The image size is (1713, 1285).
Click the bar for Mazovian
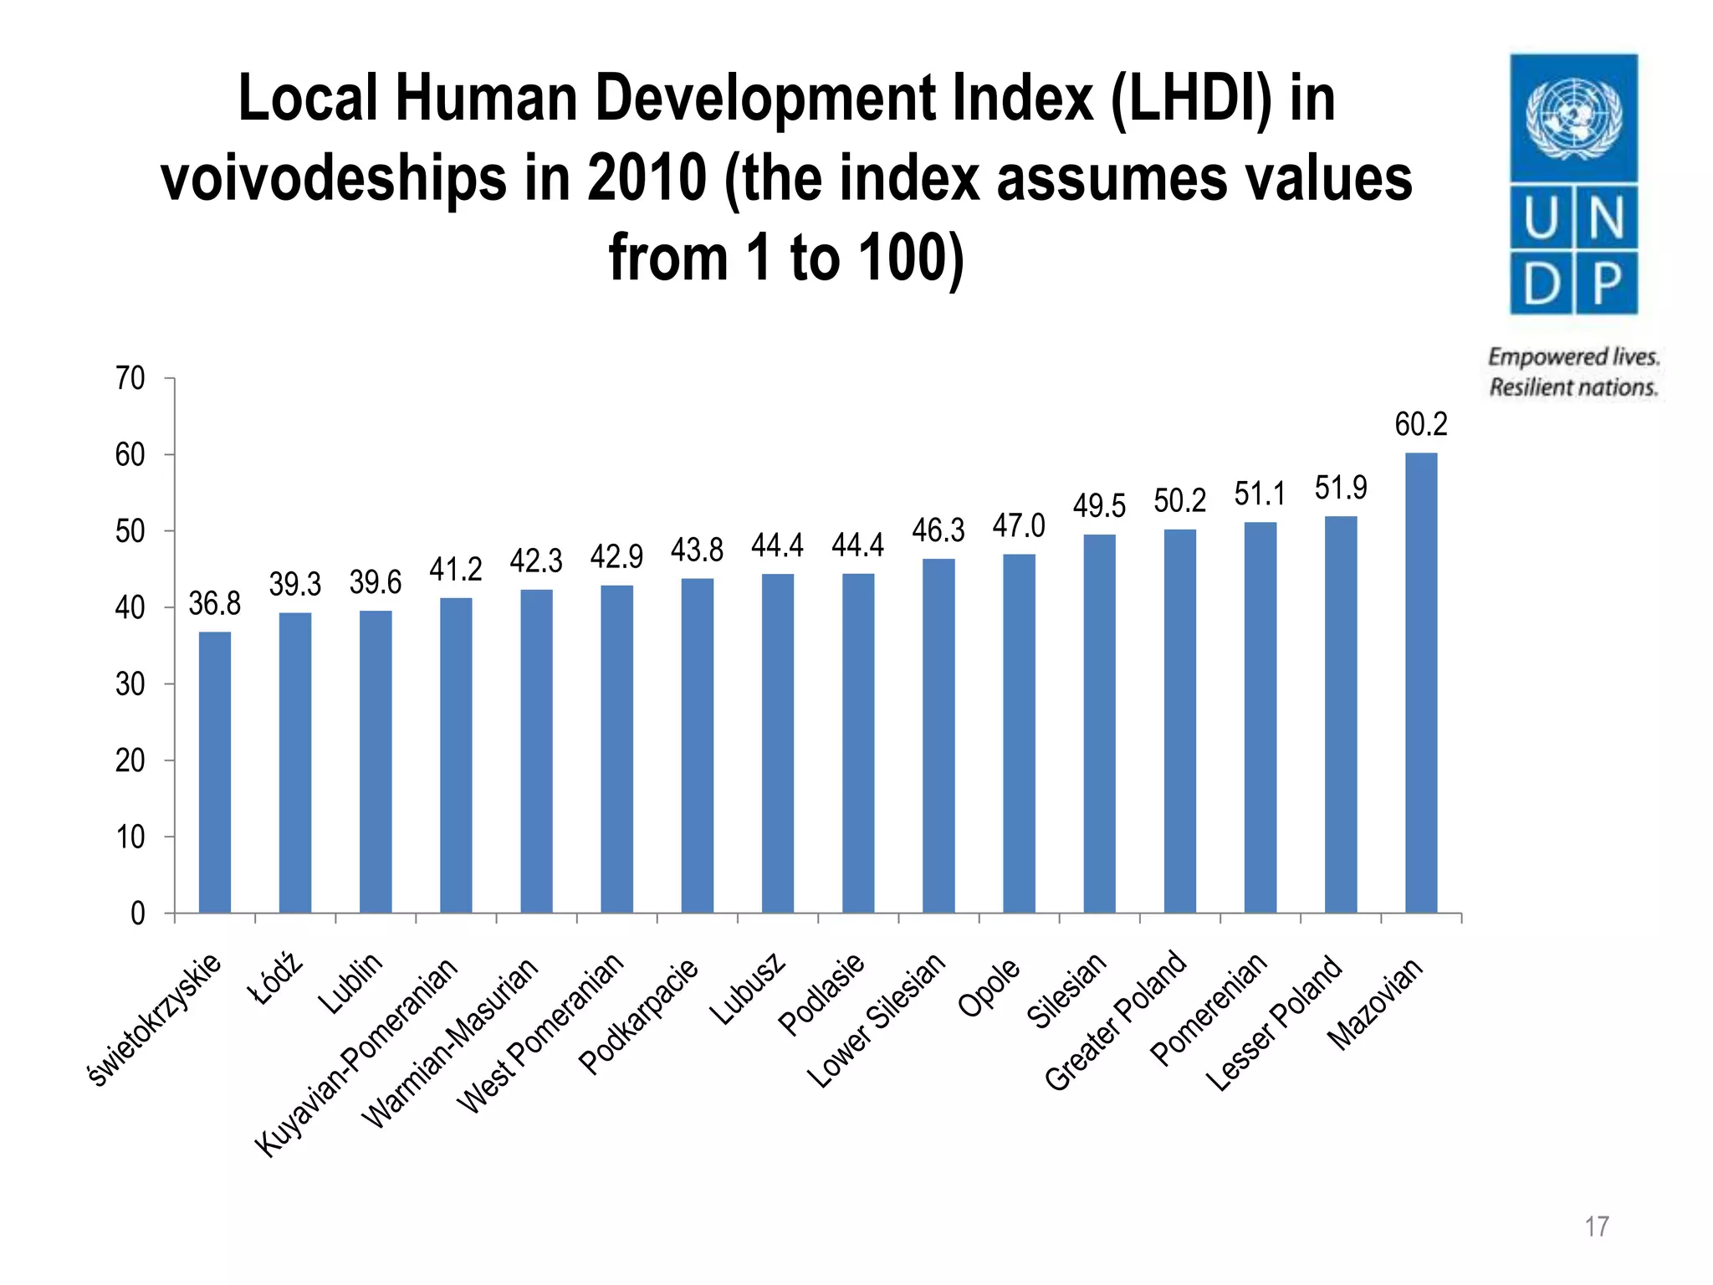pyautogui.click(x=1421, y=682)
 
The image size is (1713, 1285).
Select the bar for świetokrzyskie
pyautogui.click(x=215, y=771)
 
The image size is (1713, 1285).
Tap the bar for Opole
pyautogui.click(x=1019, y=733)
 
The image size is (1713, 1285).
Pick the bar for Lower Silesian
pyautogui.click(x=938, y=735)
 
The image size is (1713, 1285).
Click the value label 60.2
pyautogui.click(x=1420, y=425)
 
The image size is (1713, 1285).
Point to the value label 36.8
pyautogui.click(x=214, y=603)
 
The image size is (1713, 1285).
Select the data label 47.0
pyautogui.click(x=1019, y=526)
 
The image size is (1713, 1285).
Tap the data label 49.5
pyautogui.click(x=1099, y=506)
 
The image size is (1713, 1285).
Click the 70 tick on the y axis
pyautogui.click(x=130, y=378)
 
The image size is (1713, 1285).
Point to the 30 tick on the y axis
pyautogui.click(x=130, y=684)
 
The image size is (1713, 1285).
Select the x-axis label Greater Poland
pyautogui.click(x=1116, y=1021)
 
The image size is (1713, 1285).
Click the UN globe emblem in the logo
pyautogui.click(x=1573, y=118)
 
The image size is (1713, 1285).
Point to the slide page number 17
pyautogui.click(x=1596, y=1227)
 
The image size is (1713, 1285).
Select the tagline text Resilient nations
pyautogui.click(x=1572, y=387)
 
